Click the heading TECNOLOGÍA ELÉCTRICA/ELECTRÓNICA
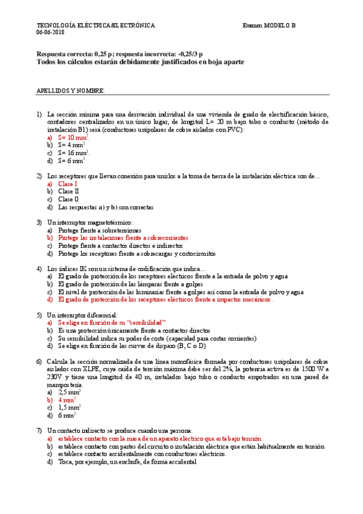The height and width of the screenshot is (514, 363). (x=96, y=25)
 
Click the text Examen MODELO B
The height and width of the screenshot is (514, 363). (x=269, y=25)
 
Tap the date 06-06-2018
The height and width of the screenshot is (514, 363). (x=50, y=32)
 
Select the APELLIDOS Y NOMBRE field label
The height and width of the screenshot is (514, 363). (x=70, y=90)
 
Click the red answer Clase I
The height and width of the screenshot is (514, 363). (x=68, y=184)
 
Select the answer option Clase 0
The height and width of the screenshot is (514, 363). (x=68, y=199)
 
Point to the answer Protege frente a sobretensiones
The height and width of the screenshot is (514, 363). (x=99, y=230)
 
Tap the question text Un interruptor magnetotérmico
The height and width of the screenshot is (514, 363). (x=89, y=222)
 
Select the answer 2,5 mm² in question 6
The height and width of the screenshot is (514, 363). (x=70, y=392)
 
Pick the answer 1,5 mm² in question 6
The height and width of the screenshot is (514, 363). (x=70, y=407)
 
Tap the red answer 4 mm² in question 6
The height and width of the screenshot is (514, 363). (x=67, y=400)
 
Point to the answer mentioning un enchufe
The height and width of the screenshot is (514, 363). (x=127, y=461)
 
